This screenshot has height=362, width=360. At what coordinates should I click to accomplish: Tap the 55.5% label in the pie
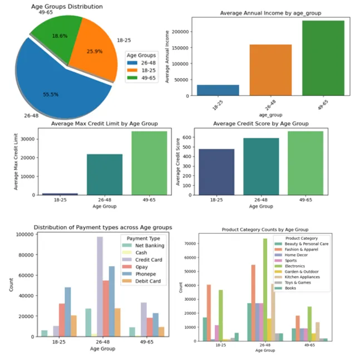tap(51, 95)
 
